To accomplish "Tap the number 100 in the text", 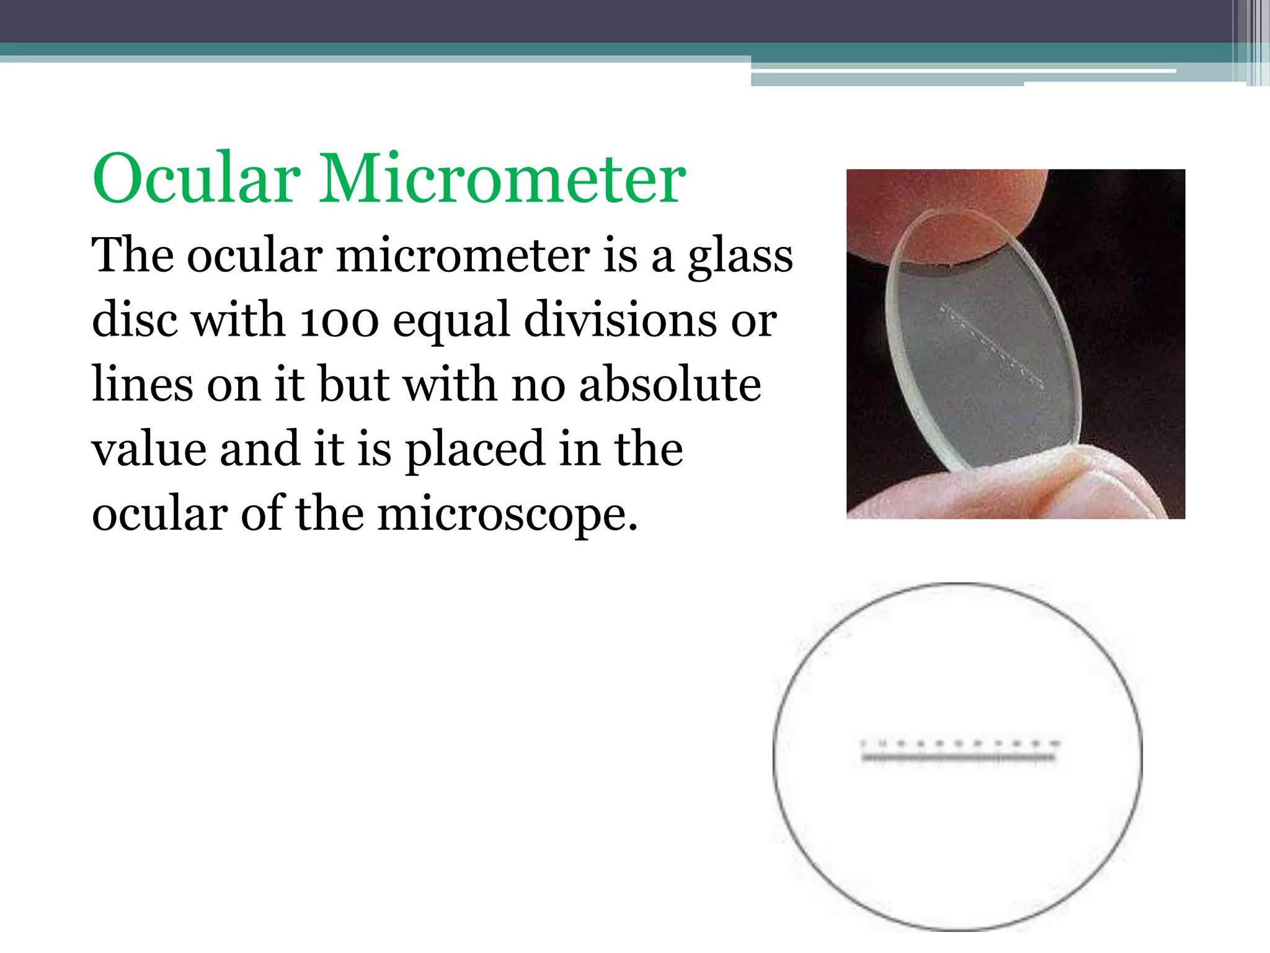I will [x=339, y=321].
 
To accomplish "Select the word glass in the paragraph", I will [x=740, y=257].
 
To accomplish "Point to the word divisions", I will [x=619, y=321].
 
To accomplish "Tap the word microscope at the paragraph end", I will [x=507, y=515].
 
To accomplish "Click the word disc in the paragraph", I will [x=135, y=321].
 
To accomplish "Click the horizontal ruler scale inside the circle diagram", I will [x=958, y=756].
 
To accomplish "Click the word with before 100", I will [x=238, y=321].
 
